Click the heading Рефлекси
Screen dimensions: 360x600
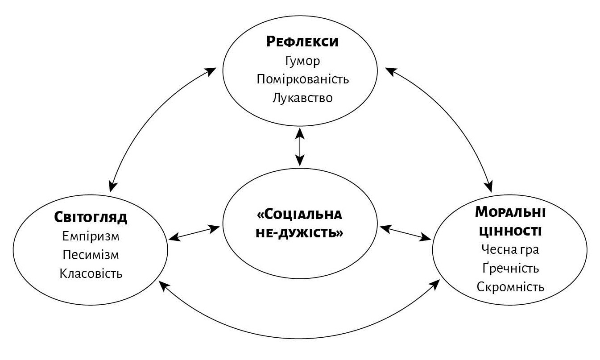coord(302,42)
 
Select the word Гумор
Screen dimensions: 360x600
coord(302,61)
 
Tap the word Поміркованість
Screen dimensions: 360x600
coord(302,79)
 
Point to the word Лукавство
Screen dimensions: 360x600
coord(302,98)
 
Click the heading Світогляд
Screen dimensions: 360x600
coord(91,217)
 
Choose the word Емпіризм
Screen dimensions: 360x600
coord(91,236)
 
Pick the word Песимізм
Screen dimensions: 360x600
coord(91,255)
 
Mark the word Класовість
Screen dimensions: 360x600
coord(91,273)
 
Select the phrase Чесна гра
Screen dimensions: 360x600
coord(510,249)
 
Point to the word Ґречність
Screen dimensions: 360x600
coord(510,268)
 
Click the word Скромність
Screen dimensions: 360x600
coord(510,287)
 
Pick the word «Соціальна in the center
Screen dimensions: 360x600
coord(300,215)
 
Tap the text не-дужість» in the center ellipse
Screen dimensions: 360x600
coord(300,233)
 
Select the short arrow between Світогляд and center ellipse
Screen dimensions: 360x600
coord(194,233)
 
